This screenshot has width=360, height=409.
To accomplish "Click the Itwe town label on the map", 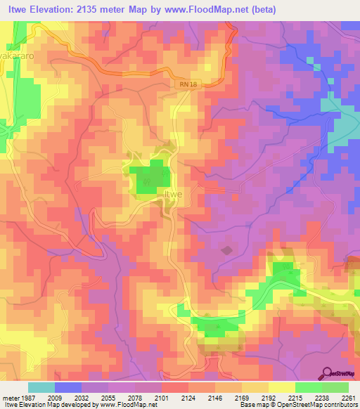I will [x=173, y=194].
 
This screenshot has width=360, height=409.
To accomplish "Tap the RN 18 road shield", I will [x=185, y=84].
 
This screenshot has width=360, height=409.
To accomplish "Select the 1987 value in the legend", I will [x=18, y=397].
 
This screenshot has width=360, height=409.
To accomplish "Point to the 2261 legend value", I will [x=347, y=397].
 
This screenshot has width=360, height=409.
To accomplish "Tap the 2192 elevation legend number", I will [x=267, y=397].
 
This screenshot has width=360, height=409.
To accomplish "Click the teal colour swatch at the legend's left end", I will [x=41, y=387].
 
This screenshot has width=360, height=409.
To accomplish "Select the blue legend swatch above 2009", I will [x=67, y=387].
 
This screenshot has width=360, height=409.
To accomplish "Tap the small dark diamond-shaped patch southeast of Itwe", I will [x=226, y=249].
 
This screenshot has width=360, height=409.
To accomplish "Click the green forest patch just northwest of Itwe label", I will [x=148, y=176].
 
